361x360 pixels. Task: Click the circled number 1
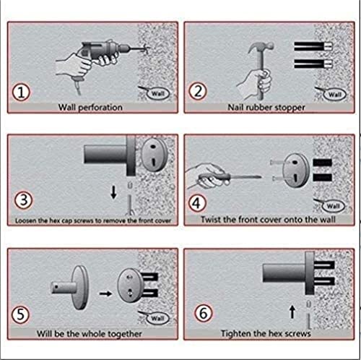point(21,93)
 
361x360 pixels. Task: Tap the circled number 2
point(198,91)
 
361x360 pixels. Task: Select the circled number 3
point(24,200)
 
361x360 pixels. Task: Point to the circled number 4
point(197,203)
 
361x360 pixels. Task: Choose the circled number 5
point(21,314)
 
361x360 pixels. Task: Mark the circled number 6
point(204,313)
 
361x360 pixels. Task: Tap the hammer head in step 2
point(261,47)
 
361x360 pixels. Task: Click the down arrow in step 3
point(113,192)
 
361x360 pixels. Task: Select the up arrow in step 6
point(292,312)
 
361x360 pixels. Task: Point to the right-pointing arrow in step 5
point(105,293)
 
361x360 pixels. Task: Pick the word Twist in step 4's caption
point(209,220)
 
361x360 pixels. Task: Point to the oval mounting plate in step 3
point(154,154)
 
